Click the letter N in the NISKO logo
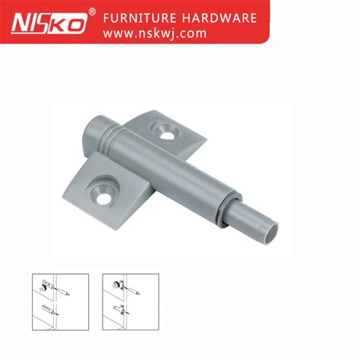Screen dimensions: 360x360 tap(21, 24)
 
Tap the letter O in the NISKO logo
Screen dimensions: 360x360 tap(76, 24)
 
